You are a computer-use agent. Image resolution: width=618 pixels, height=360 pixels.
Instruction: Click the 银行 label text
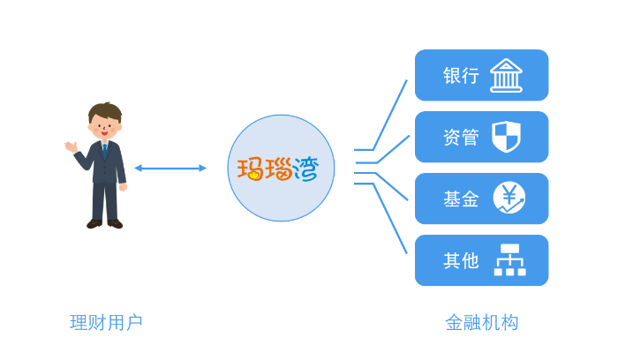(461, 76)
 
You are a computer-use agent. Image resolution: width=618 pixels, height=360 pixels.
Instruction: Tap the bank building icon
(506, 75)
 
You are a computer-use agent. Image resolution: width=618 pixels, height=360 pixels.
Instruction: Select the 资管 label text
(461, 138)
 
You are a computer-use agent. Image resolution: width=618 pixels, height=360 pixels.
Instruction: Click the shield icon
(506, 137)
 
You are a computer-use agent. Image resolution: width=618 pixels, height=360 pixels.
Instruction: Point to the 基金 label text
(461, 199)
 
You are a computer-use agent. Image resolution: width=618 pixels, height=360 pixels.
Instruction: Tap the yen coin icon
(509, 198)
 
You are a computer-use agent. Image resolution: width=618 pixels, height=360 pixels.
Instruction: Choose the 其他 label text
(461, 261)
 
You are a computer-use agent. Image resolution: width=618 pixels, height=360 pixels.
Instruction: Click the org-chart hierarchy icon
(509, 260)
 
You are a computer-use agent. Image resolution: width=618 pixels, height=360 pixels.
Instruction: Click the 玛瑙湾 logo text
(279, 169)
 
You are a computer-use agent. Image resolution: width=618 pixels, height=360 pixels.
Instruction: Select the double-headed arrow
(170, 168)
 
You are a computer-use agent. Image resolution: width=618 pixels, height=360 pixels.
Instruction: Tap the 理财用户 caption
(106, 323)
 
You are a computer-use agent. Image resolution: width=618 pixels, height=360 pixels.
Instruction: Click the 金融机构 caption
(481, 323)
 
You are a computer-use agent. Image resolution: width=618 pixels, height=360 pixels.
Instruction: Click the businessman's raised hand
(71, 146)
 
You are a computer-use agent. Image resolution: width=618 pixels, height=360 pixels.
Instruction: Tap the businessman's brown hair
(105, 112)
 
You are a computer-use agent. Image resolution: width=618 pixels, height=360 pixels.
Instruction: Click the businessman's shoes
(104, 224)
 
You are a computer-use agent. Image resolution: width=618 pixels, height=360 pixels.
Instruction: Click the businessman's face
(105, 128)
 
